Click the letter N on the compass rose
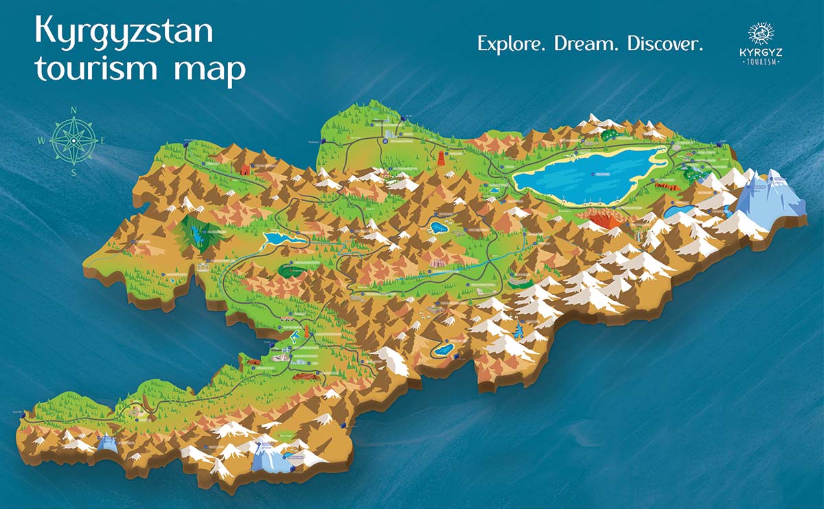pyautogui.click(x=73, y=110)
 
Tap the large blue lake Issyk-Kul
pyautogui.click(x=584, y=175)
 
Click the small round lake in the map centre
pyautogui.click(x=437, y=226)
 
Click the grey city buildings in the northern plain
pyautogui.click(x=390, y=132)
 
